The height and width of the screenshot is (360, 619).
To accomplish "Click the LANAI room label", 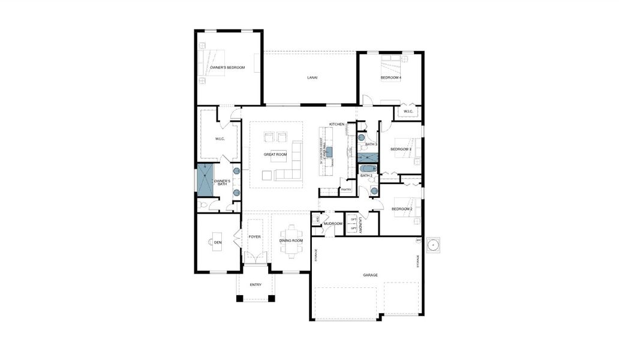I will pos(312,77).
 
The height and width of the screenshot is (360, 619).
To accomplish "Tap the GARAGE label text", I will pos(370,275).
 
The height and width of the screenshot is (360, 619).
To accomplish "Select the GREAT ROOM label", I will pos(275,154).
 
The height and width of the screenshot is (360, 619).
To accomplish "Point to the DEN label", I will pos(218,242).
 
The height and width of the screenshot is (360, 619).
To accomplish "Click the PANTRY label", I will pos(345,190).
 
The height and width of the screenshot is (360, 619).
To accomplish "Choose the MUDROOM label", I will pos(332,224).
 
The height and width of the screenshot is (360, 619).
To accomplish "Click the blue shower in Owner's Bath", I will pos(206,180).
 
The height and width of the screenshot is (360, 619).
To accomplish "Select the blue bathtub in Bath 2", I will pos(367,169).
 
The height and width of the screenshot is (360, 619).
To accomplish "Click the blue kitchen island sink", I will pos(329,151).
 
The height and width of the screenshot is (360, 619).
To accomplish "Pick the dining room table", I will pos(291,241).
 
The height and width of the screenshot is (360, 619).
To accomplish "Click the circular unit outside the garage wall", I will pos(435,246).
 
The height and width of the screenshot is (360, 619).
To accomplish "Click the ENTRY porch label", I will pos(256,284).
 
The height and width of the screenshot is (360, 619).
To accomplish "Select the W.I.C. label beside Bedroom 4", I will pos(408,111).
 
